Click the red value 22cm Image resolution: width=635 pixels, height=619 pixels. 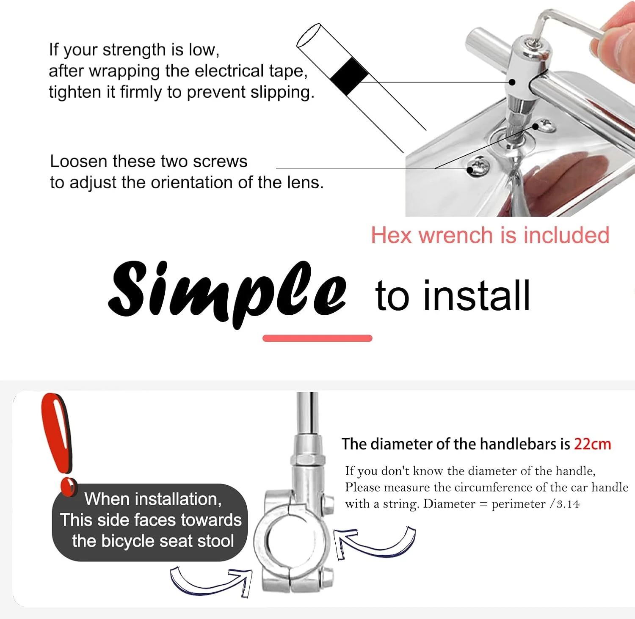592,444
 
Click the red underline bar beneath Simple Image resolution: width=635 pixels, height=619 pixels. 317,338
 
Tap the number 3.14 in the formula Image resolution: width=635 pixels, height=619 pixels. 568,504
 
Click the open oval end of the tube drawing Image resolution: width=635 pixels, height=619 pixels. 309,36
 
